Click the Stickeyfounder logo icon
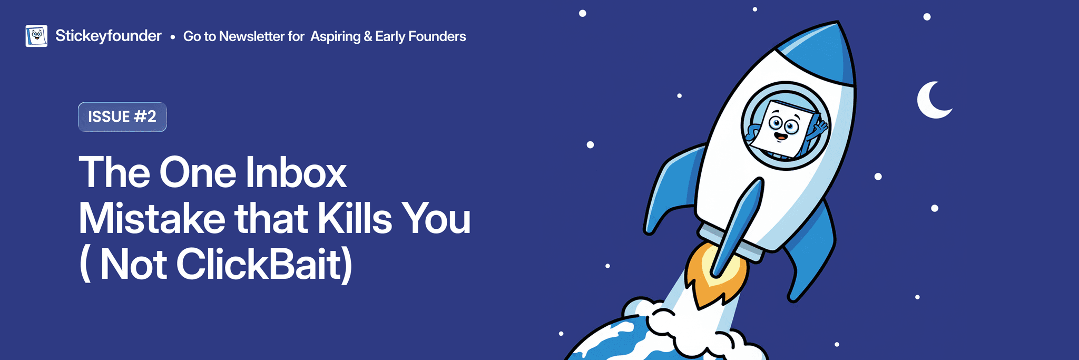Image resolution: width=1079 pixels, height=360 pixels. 36,36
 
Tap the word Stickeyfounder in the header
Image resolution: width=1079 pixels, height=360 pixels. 109,36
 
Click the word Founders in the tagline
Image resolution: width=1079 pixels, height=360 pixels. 437,36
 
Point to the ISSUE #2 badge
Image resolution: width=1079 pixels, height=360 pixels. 122,116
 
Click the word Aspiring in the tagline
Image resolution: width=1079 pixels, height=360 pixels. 336,37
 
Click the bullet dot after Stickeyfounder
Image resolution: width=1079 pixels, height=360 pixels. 173,37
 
